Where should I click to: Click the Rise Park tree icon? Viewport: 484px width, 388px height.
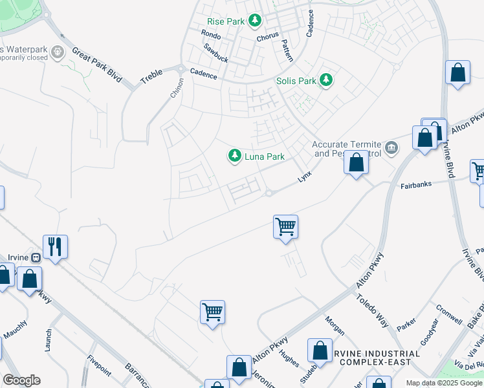point(255,21)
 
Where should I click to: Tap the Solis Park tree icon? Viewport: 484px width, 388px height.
point(327,81)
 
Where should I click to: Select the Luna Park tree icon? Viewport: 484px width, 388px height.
point(234,156)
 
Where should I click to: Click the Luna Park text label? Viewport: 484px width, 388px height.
point(264,156)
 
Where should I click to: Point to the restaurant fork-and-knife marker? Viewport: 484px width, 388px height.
point(55,246)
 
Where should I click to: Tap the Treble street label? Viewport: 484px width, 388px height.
point(152,75)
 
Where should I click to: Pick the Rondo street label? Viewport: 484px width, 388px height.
point(211,34)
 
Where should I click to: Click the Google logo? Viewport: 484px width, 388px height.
point(21,380)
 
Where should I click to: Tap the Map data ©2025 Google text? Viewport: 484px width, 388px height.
point(443,383)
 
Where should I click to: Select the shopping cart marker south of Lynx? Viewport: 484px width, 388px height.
point(285,227)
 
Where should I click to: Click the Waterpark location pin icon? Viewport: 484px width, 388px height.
point(60,51)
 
